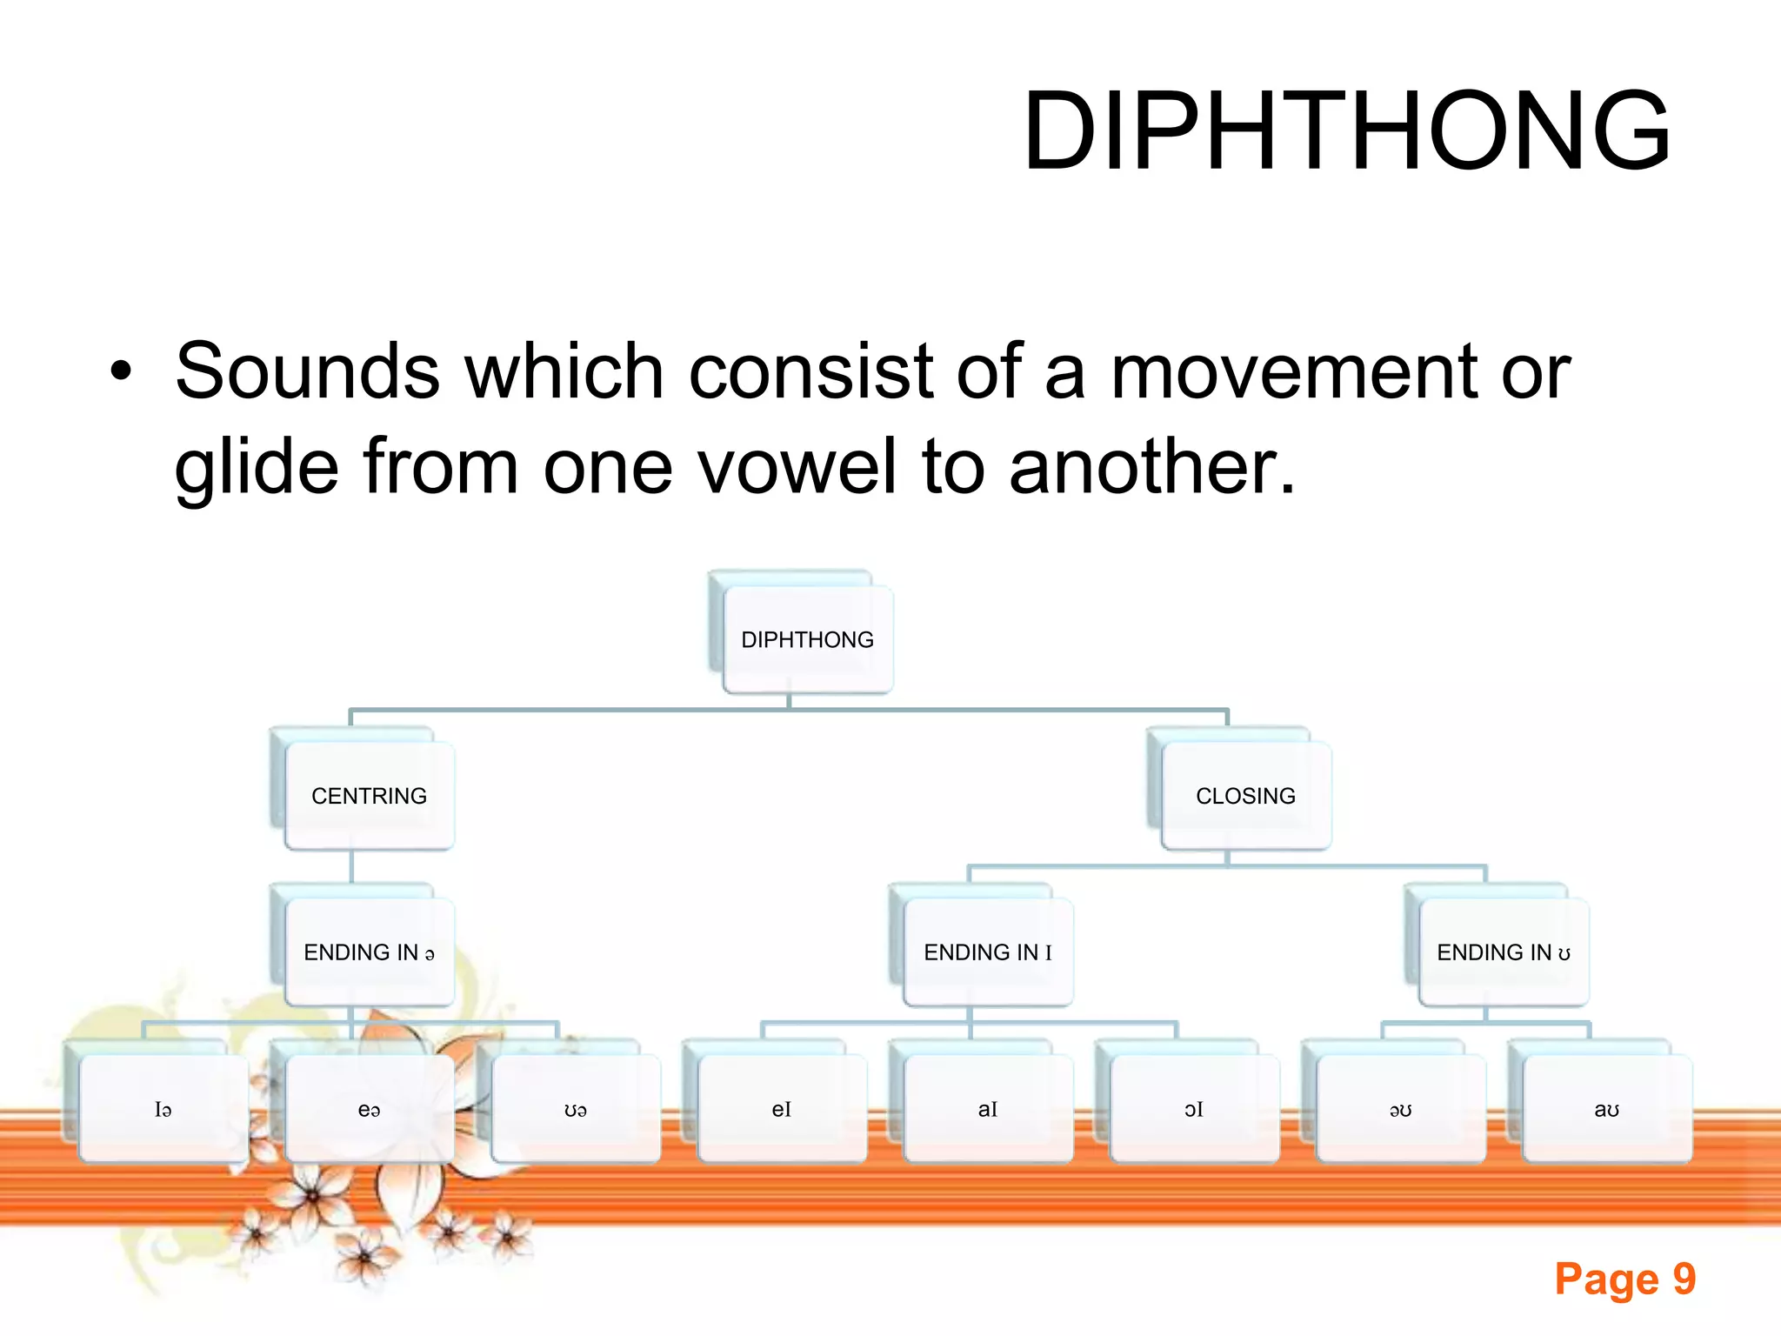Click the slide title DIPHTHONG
click(x=1345, y=131)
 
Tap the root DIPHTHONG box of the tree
click(x=807, y=639)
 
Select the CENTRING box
click(x=369, y=796)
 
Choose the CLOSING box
click(x=1245, y=796)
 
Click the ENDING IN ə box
click(x=369, y=952)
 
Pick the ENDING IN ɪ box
click(x=988, y=952)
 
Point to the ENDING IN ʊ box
click(x=1503, y=952)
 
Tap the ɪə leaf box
click(x=163, y=1109)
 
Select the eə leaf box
click(x=369, y=1109)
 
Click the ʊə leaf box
click(x=575, y=1109)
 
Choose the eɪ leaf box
click(x=781, y=1109)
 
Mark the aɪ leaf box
click(x=988, y=1109)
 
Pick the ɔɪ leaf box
click(x=1194, y=1109)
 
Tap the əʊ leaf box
click(x=1400, y=1109)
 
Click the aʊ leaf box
click(x=1606, y=1109)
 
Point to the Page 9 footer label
click(x=1624, y=1279)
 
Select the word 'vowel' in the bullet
click(x=797, y=466)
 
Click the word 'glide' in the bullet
click(x=257, y=468)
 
